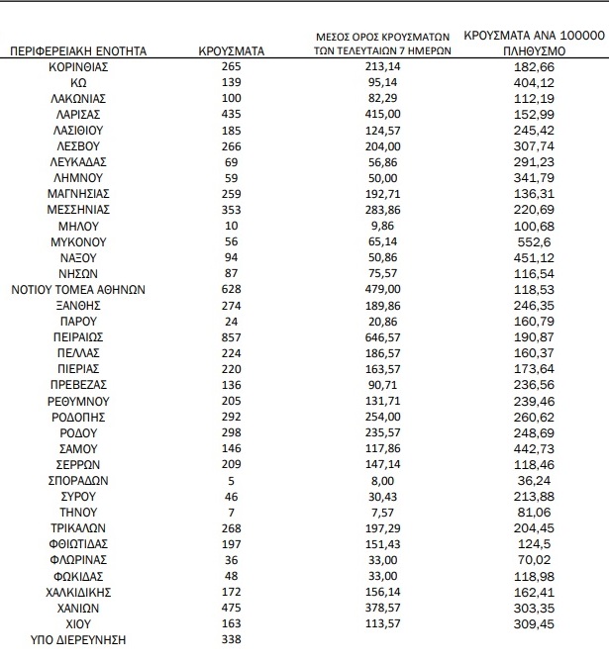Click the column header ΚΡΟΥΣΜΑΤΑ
tap(230, 48)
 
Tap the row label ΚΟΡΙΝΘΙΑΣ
tap(78, 65)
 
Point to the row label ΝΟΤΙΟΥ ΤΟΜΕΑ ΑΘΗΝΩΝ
tap(78, 289)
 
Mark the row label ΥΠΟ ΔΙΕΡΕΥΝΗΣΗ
tap(78, 639)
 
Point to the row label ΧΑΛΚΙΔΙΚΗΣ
tap(78, 592)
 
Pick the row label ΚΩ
tap(78, 82)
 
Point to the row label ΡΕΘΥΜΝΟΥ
tap(78, 401)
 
